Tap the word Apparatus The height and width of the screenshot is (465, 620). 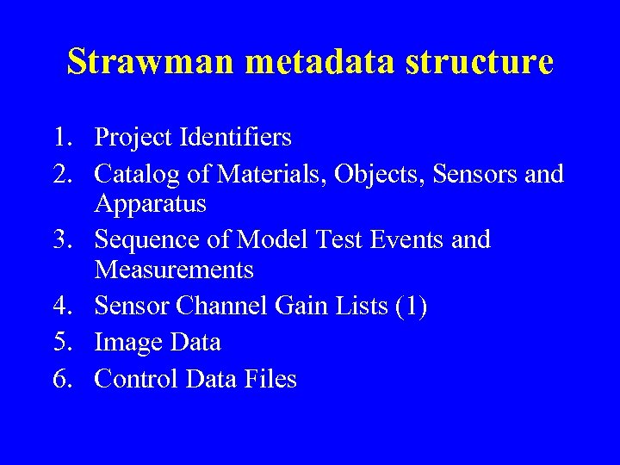click(x=151, y=205)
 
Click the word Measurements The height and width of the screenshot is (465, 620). click(x=174, y=270)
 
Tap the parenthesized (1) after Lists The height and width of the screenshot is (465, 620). click(x=410, y=306)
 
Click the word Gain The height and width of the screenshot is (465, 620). click(x=304, y=306)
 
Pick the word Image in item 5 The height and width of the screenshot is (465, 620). click(x=130, y=342)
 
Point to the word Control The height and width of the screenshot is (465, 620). click(x=137, y=379)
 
